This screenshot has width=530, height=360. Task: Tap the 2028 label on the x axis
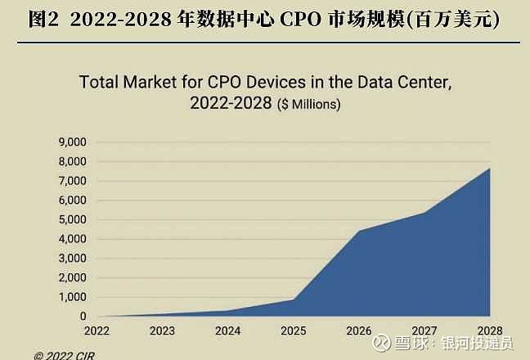(489, 331)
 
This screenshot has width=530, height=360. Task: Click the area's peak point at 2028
(489, 169)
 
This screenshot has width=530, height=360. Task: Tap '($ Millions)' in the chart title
(308, 106)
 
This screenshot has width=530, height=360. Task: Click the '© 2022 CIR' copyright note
(64, 355)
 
